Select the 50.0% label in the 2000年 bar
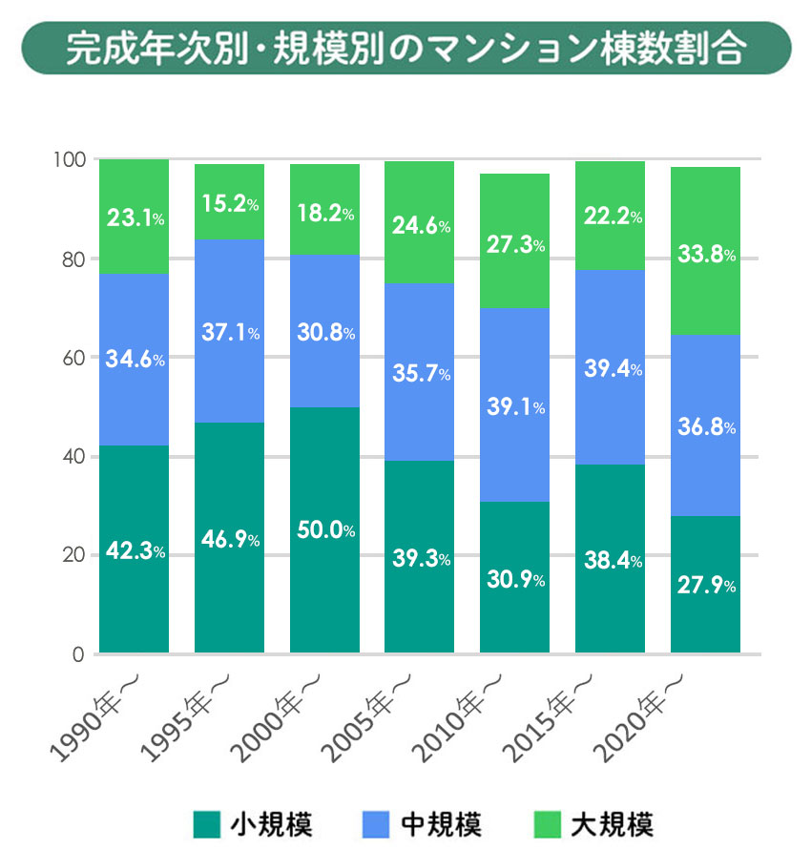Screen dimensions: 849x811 pyautogui.click(x=324, y=530)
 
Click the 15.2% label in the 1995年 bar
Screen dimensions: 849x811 pyautogui.click(x=229, y=204)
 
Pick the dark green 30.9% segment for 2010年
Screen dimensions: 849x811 pyautogui.click(x=514, y=579)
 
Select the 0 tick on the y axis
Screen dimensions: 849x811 pyautogui.click(x=80, y=654)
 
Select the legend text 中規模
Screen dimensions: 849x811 pyautogui.click(x=440, y=823)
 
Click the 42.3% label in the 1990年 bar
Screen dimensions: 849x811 pyautogui.click(x=134, y=552)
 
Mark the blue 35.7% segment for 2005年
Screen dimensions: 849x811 pyautogui.click(x=420, y=374)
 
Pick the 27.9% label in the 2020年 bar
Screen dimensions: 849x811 pyautogui.click(x=705, y=586)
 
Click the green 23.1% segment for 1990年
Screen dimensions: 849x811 pyautogui.click(x=134, y=217)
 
